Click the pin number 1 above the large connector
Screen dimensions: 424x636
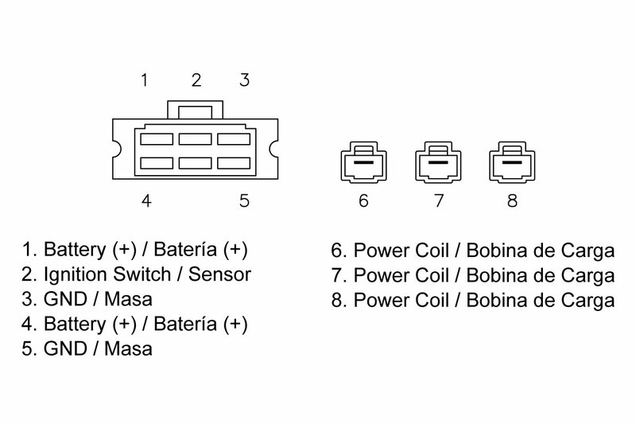click(145, 80)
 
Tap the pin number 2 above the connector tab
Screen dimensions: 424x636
click(196, 80)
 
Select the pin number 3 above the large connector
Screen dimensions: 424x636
click(245, 80)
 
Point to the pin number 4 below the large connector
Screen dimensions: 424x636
click(145, 200)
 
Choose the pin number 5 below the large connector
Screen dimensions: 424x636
click(245, 200)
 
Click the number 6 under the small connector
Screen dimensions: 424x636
click(363, 200)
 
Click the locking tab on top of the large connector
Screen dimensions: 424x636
click(196, 109)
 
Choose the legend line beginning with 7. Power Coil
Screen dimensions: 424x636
click(472, 277)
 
